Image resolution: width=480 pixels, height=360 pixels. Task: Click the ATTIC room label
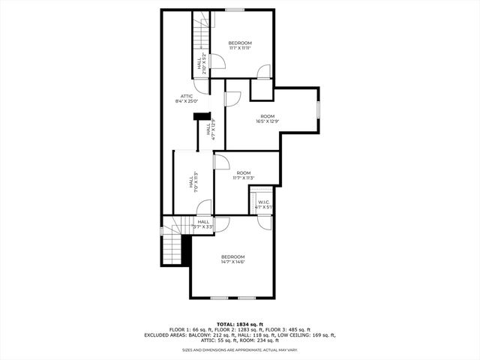click(185, 95)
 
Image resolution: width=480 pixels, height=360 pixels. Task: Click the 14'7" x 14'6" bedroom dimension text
click(233, 262)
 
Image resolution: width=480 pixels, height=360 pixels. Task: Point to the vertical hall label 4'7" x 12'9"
click(213, 130)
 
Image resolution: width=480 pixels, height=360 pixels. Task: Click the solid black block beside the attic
click(201, 115)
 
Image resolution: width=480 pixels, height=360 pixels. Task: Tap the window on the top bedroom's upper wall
click(235, 10)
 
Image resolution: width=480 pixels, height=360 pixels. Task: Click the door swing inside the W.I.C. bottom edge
click(263, 220)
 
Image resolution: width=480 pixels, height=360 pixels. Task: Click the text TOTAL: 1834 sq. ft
click(240, 323)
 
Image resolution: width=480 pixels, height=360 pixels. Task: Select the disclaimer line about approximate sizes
click(240, 349)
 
